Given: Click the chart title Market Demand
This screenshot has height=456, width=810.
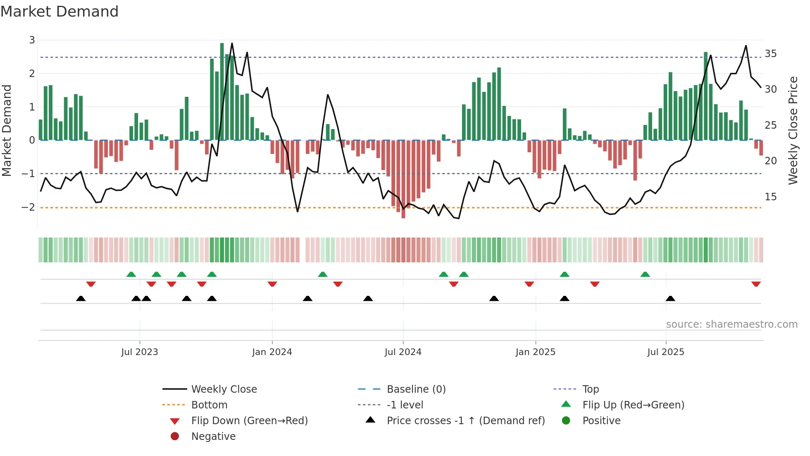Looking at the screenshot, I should click(x=60, y=12).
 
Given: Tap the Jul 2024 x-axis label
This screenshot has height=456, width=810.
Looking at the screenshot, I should click(x=403, y=352).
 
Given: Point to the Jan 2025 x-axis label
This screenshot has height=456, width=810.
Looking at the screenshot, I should click(x=535, y=352).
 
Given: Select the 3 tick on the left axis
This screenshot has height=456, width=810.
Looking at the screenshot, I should click(x=32, y=40).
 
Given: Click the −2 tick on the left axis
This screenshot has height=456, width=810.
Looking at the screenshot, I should click(x=29, y=207).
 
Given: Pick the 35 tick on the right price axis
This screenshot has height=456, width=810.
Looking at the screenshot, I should click(x=770, y=54).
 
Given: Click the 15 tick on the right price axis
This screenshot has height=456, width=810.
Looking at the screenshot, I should click(x=770, y=197).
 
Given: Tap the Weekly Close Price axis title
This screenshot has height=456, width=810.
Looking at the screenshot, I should click(x=793, y=130).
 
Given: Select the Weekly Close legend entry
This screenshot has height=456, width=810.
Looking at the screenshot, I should click(x=224, y=389).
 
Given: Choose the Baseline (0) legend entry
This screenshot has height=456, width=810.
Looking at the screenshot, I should click(x=416, y=389).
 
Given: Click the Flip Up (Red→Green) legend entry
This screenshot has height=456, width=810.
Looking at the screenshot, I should click(x=633, y=405).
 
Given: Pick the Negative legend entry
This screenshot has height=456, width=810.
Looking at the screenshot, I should click(x=213, y=436).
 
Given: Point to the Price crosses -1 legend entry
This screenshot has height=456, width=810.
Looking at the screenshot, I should click(x=465, y=420).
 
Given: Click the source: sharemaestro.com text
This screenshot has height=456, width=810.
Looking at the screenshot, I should click(x=731, y=324).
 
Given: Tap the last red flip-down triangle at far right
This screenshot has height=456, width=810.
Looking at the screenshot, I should click(x=756, y=284).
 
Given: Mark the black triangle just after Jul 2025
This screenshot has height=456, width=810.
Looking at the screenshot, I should click(x=670, y=298).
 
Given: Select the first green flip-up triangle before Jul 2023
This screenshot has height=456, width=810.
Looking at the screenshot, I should click(x=131, y=274).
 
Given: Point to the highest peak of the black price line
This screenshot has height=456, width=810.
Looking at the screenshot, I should click(x=232, y=43).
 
